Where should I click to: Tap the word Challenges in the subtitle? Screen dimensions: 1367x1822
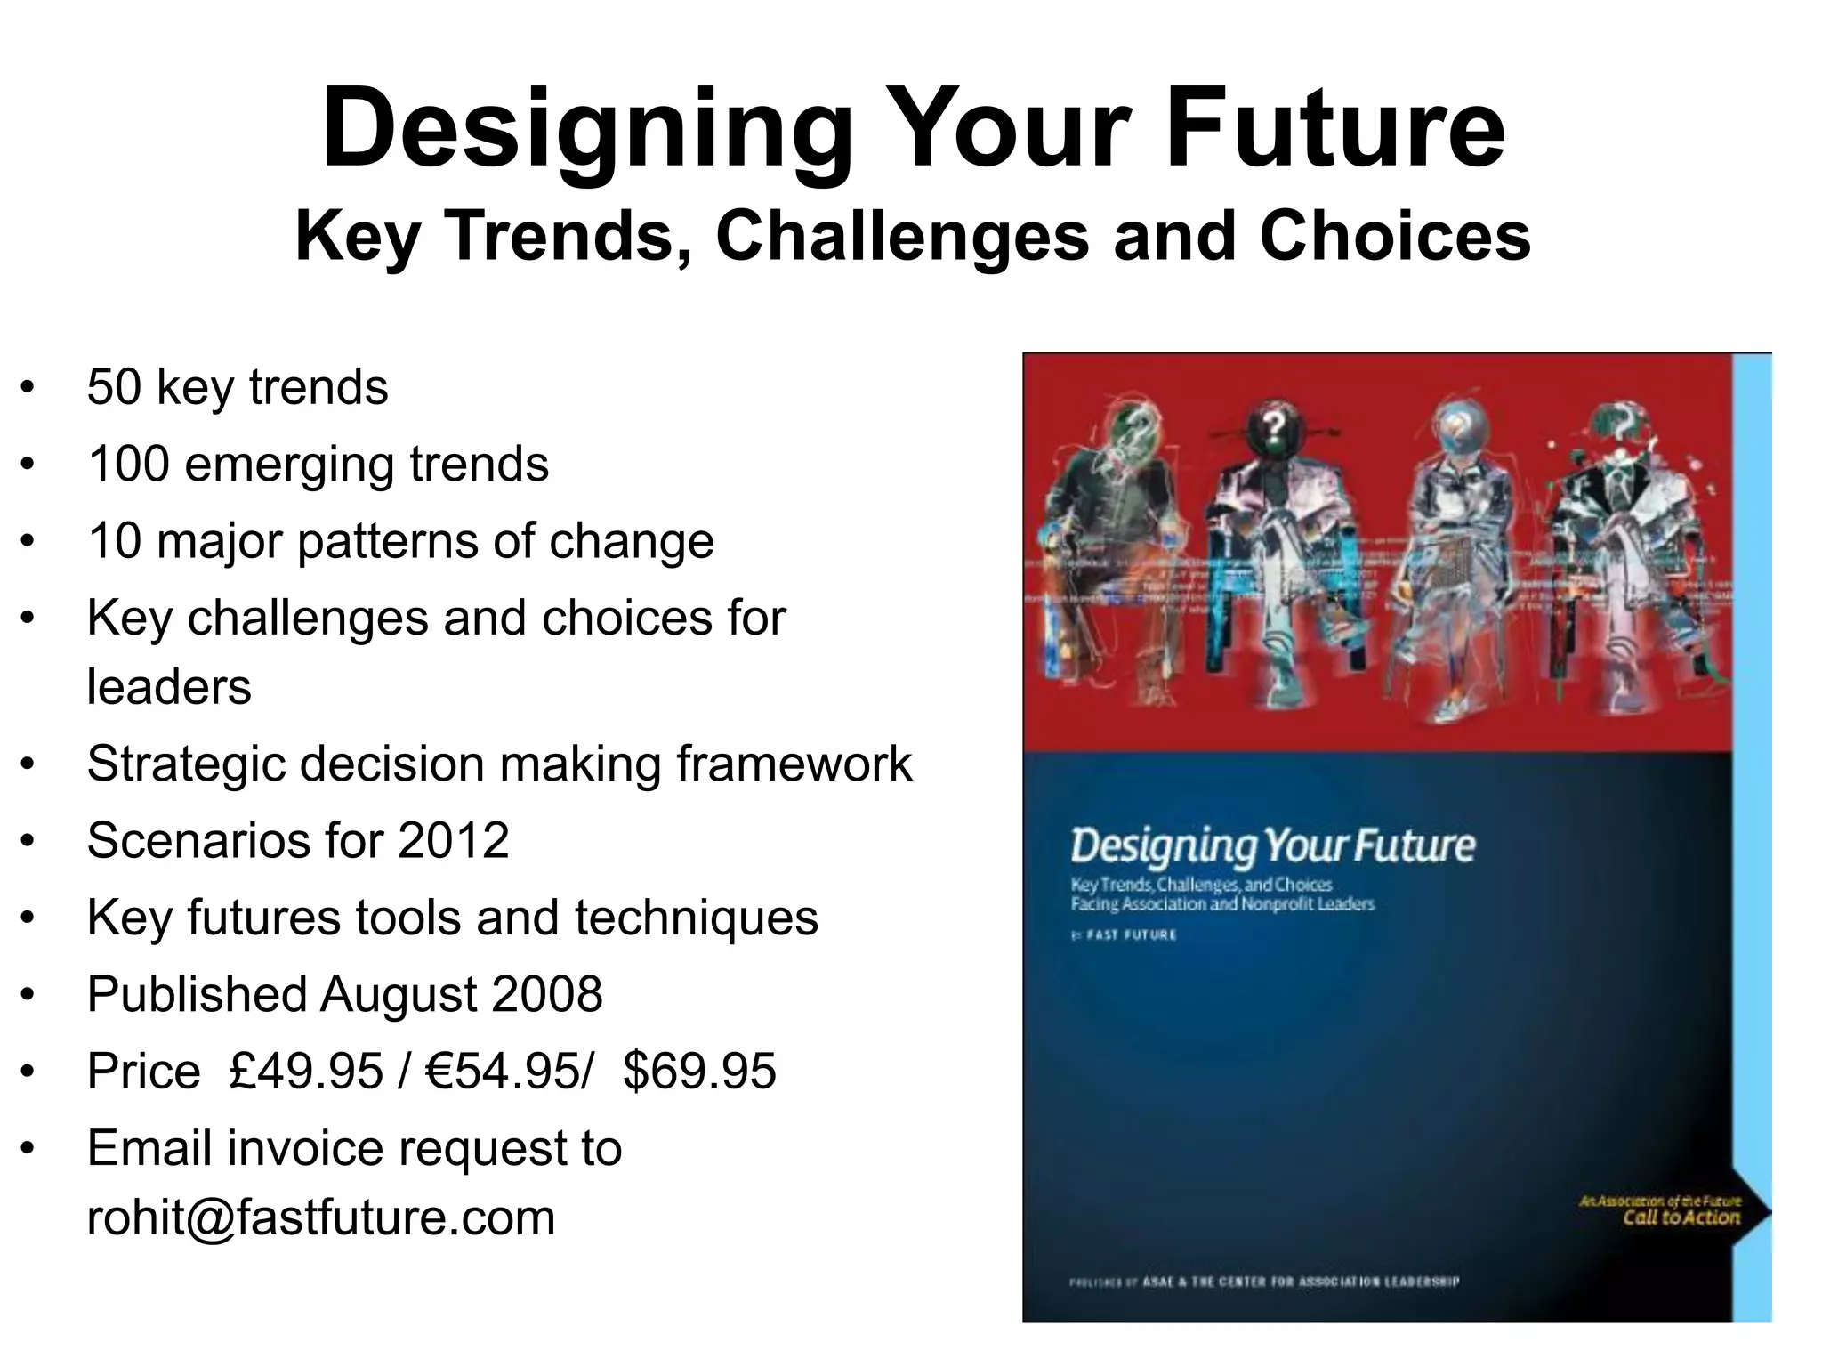[x=902, y=237]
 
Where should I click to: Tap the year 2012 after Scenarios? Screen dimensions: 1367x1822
[x=453, y=840]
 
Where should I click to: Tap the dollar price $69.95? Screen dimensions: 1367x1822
[x=699, y=1071]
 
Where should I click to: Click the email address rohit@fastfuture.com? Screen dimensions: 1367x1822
[x=321, y=1217]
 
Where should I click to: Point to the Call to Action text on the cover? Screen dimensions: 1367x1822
[x=1681, y=1217]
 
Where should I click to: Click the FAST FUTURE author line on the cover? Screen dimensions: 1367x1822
[x=1125, y=934]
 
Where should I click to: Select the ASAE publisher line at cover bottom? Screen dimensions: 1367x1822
[x=1264, y=1282]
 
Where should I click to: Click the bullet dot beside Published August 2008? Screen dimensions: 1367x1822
[x=28, y=995]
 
